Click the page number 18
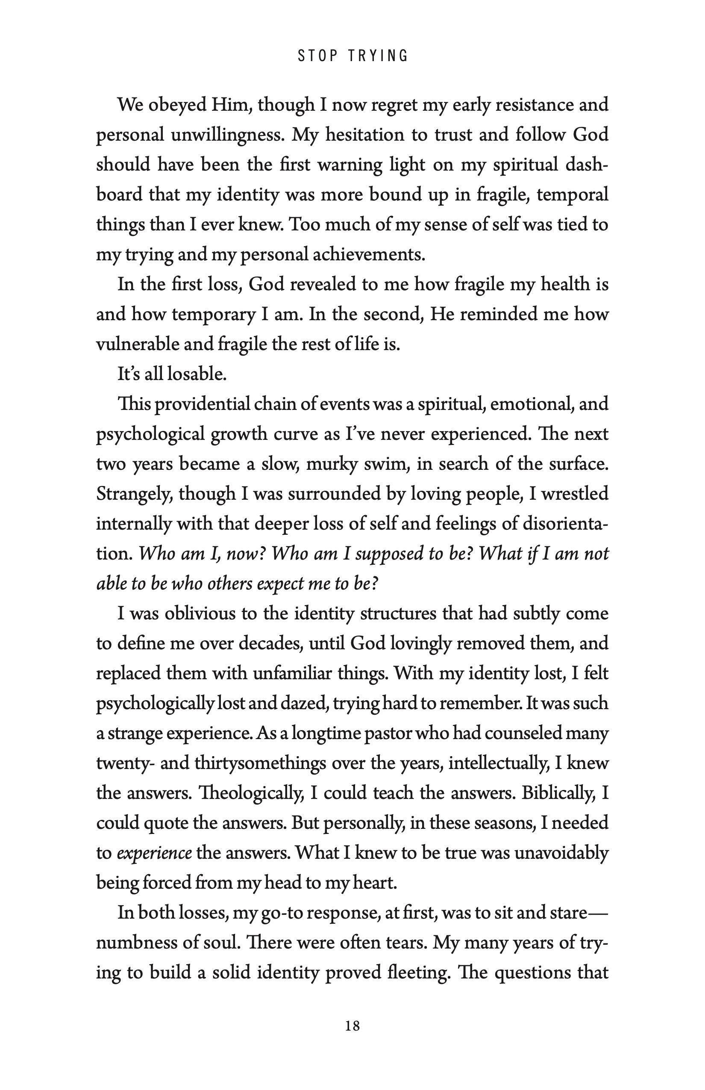click(x=352, y=1026)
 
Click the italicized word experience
click(x=154, y=853)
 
